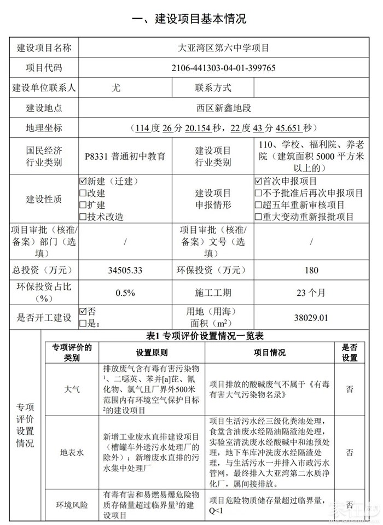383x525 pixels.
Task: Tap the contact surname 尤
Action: click(x=116, y=87)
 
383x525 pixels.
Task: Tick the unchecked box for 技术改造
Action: click(x=83, y=217)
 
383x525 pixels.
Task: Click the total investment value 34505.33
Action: click(x=125, y=270)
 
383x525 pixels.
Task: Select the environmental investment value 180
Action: click(x=311, y=270)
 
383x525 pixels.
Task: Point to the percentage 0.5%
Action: click(x=125, y=293)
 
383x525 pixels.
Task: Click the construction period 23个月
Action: click(x=311, y=293)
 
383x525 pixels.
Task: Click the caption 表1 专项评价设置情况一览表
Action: click(x=209, y=336)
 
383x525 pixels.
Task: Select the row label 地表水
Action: click(x=72, y=453)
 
